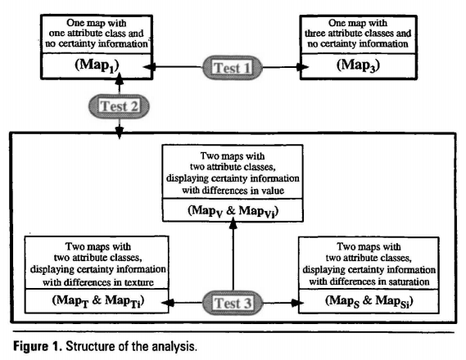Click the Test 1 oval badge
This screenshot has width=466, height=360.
(233, 68)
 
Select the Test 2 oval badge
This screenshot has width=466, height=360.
(119, 106)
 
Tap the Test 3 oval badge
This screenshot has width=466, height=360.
(233, 303)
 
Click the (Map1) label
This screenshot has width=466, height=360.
(97, 65)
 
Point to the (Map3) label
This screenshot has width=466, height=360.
(358, 65)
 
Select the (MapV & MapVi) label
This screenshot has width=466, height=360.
(233, 211)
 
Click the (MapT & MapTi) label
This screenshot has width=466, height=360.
(98, 301)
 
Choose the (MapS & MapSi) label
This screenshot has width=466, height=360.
(369, 301)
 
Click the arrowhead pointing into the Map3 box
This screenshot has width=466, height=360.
(302, 67)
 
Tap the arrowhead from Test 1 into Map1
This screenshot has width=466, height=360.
(150, 67)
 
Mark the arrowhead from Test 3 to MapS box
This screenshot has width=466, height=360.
(297, 303)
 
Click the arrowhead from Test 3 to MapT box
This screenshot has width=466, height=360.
(168, 303)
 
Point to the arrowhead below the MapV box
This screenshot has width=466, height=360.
(233, 223)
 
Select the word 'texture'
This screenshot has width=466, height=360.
(139, 282)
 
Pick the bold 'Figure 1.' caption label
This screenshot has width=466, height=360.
(38, 346)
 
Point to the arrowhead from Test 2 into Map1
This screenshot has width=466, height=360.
(120, 79)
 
